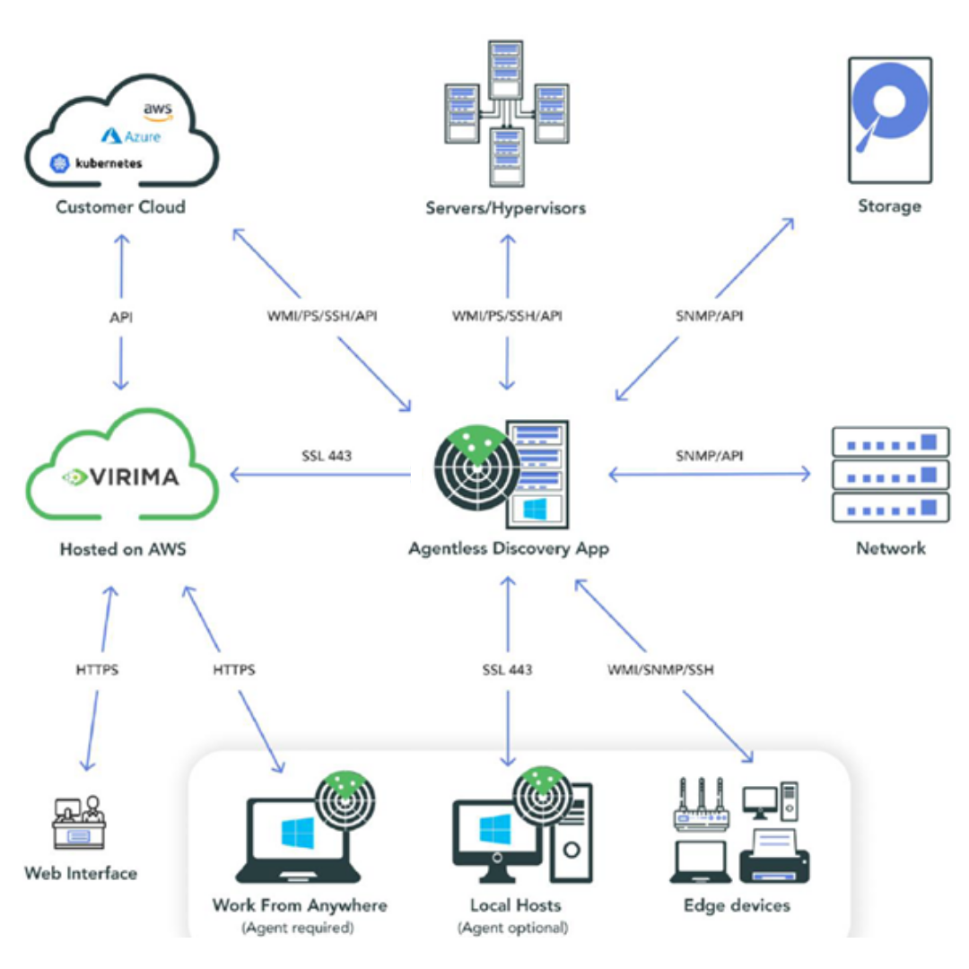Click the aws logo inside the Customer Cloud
pyautogui.click(x=158, y=110)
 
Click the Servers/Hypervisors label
pyautogui.click(x=506, y=208)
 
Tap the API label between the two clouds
pyautogui.click(x=121, y=317)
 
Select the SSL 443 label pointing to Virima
pyautogui.click(x=327, y=456)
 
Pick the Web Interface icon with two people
pyautogui.click(x=80, y=822)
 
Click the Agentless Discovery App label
pyautogui.click(x=508, y=548)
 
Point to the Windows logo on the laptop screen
pyautogui.click(x=298, y=834)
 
